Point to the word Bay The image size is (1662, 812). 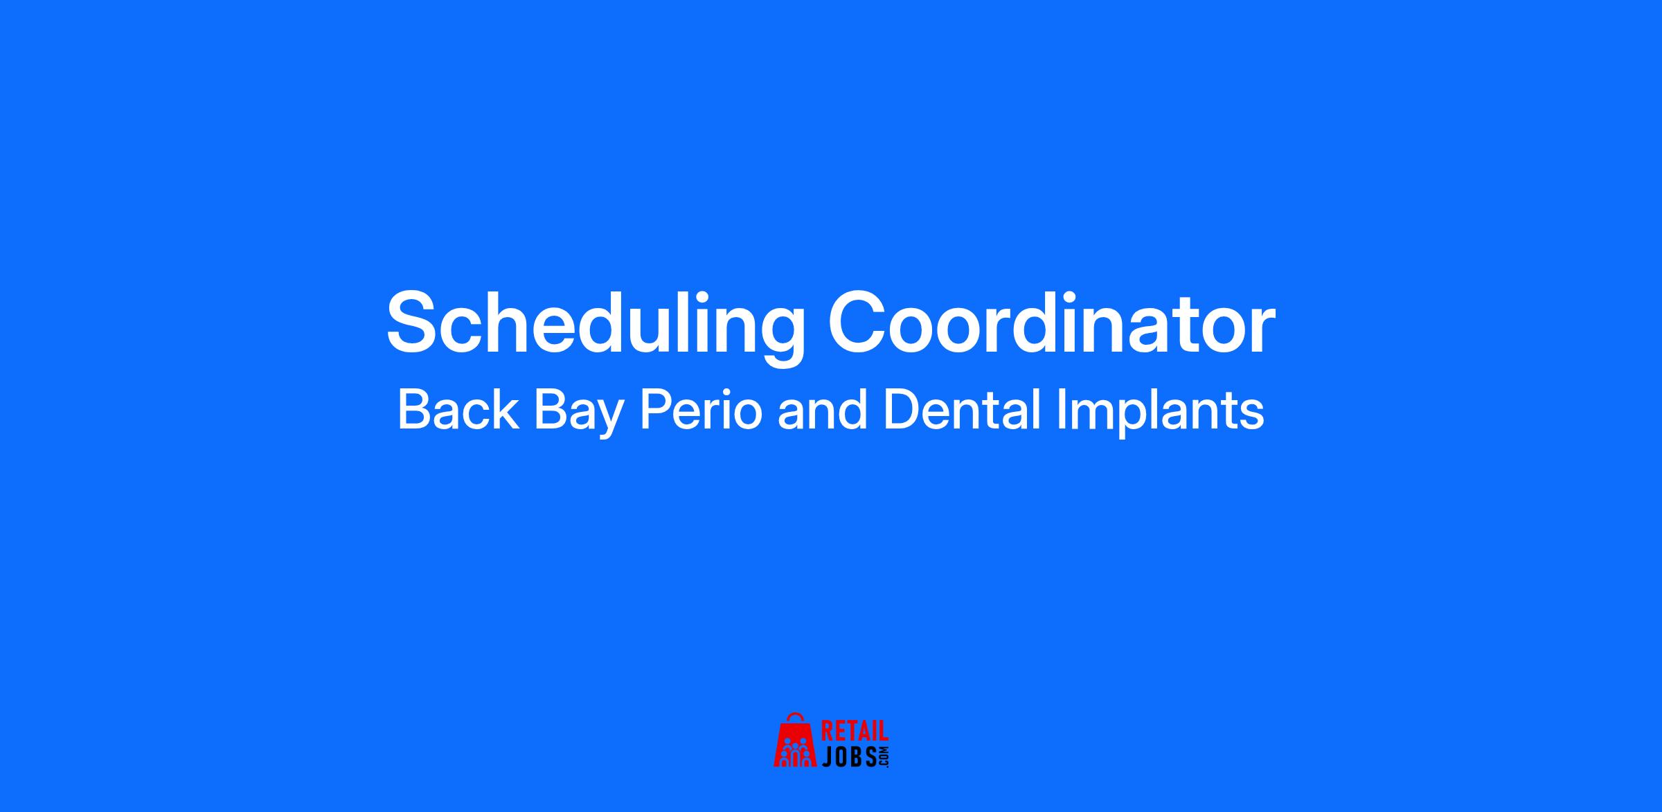tap(578, 414)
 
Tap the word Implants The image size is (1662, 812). tap(1161, 413)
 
